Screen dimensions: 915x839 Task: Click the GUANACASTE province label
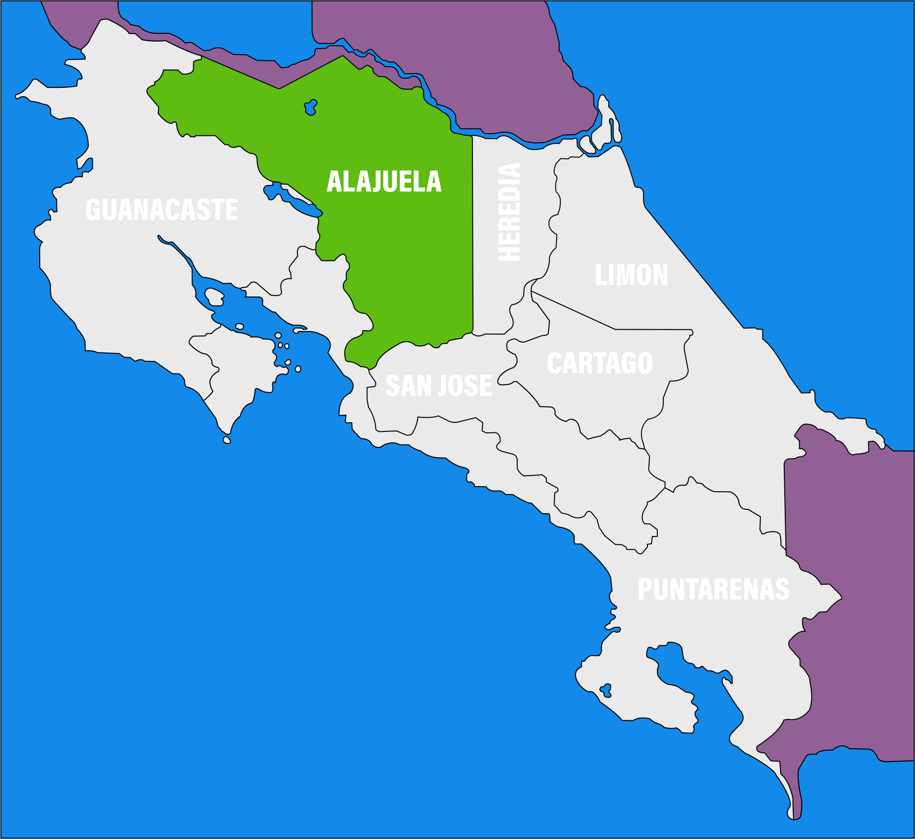click(162, 209)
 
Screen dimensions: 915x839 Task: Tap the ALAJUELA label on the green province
click(384, 181)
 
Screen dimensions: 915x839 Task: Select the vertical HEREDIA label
click(509, 212)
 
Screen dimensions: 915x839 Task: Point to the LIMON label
click(631, 275)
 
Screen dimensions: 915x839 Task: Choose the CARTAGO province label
click(599, 363)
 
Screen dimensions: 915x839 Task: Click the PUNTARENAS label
click(713, 589)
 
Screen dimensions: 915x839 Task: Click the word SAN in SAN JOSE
click(405, 386)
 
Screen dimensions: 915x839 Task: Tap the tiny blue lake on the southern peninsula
click(606, 690)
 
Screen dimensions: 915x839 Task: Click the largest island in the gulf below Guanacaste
click(214, 296)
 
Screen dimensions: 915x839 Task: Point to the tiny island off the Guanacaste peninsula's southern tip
click(227, 440)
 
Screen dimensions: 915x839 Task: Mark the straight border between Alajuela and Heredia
click(472, 233)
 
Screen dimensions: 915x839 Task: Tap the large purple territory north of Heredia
click(467, 56)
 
